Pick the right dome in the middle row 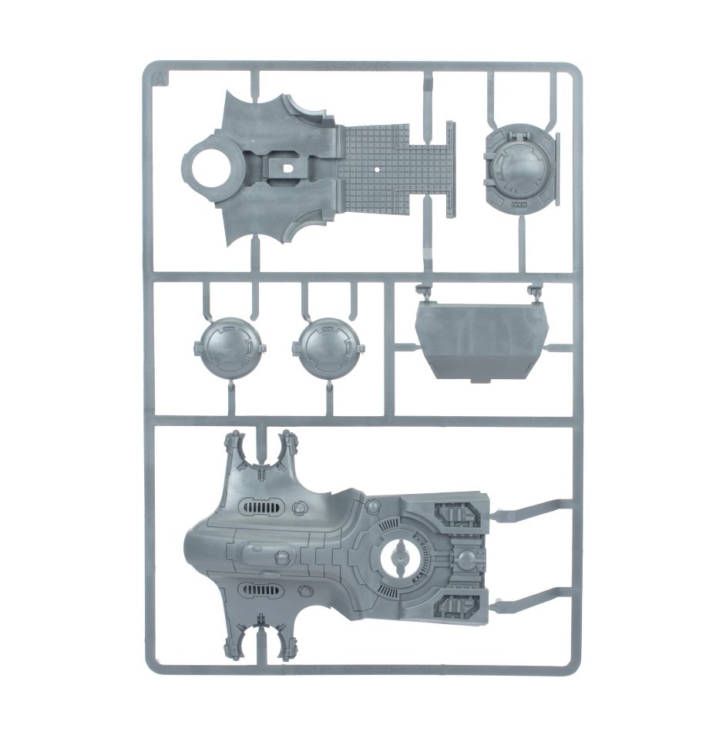[329, 348]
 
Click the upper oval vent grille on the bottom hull [261, 506]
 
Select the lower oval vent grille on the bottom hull [261, 591]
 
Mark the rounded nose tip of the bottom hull [190, 548]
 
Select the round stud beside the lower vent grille [301, 591]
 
